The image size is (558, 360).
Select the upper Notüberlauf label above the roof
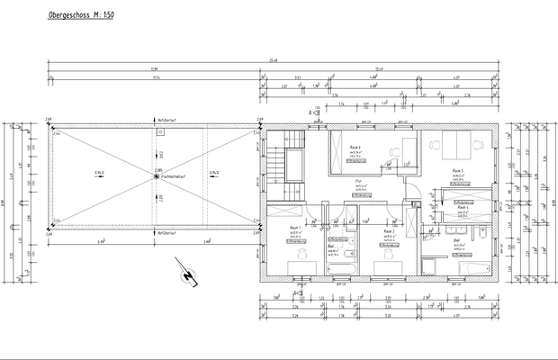click(167, 120)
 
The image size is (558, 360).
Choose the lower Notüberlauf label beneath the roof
click(167, 232)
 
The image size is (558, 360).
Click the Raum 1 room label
click(294, 227)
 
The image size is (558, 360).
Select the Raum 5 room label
click(457, 170)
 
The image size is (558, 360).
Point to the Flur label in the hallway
click(358, 180)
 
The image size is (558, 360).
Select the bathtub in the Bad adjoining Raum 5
click(471, 268)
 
